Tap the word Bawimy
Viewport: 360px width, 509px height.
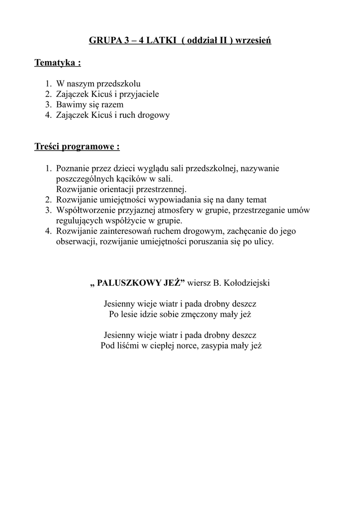click(71, 104)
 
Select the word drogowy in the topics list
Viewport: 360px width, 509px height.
click(155, 115)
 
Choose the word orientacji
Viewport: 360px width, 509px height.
click(115, 189)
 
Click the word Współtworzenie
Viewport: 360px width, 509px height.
click(85, 210)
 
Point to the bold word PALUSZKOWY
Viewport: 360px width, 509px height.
click(130, 283)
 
